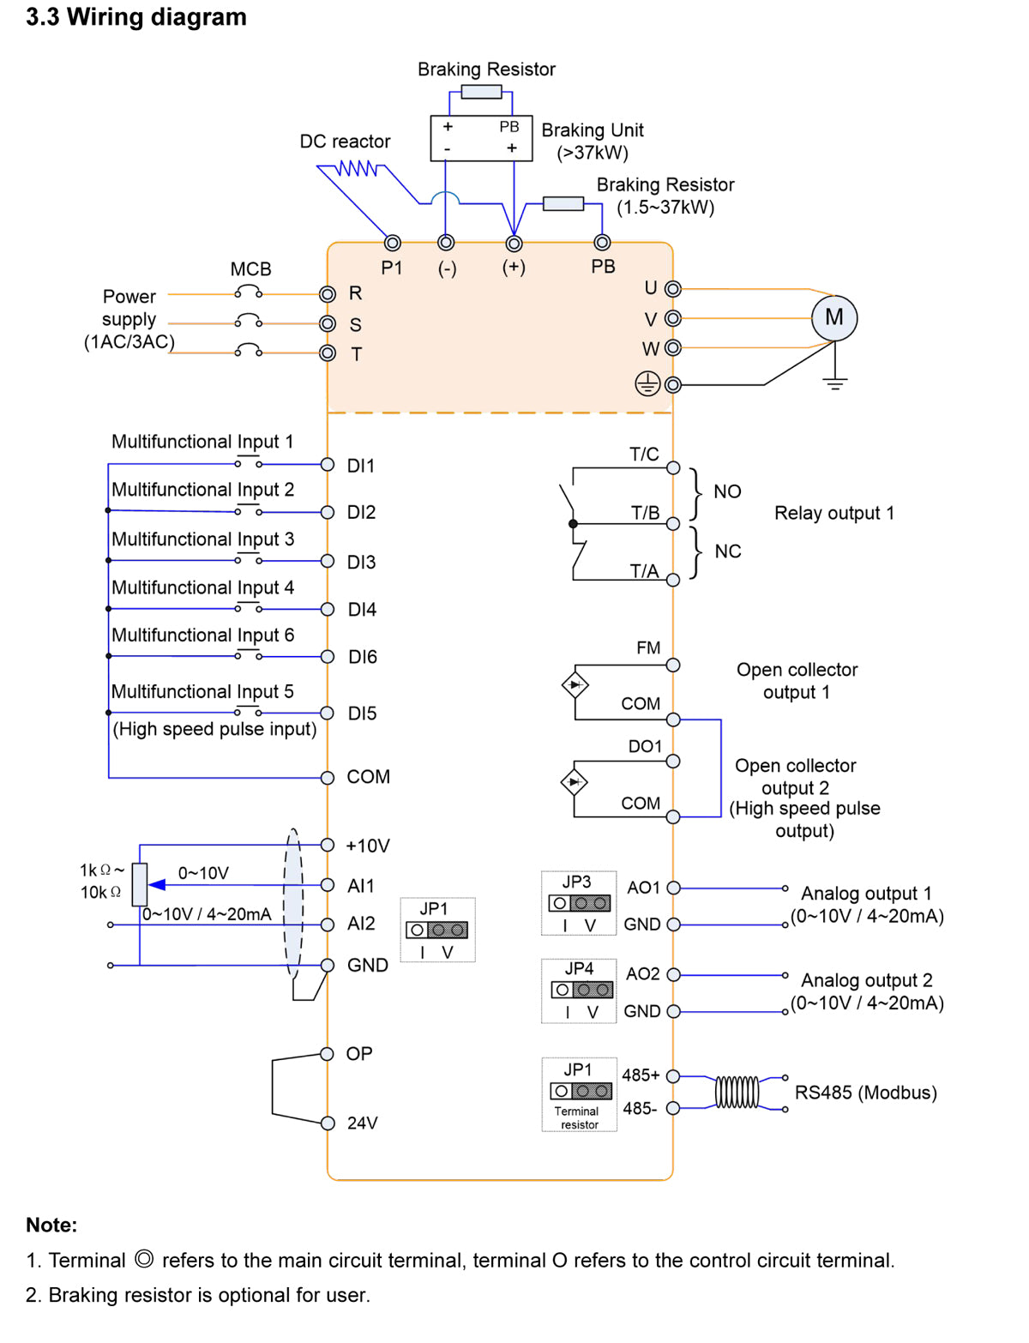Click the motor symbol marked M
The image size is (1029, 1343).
click(833, 317)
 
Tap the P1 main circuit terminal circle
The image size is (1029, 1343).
click(393, 243)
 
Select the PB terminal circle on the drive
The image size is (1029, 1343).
click(603, 243)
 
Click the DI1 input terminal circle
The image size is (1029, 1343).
click(328, 465)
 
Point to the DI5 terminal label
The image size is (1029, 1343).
click(362, 714)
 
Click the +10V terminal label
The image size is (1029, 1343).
click(367, 846)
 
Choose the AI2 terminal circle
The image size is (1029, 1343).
click(328, 924)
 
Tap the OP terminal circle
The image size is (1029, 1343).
click(328, 1054)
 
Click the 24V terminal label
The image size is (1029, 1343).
click(362, 1123)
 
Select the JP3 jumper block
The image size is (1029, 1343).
click(580, 903)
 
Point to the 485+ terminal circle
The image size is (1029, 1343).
click(673, 1076)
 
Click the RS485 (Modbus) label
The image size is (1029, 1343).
click(865, 1093)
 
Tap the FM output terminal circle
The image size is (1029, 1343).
click(673, 665)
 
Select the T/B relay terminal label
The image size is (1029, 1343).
click(645, 513)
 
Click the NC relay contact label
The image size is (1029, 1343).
click(727, 551)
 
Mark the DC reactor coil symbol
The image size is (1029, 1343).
click(357, 168)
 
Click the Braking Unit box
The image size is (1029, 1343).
click(481, 138)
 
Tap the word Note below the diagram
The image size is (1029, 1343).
click(51, 1226)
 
